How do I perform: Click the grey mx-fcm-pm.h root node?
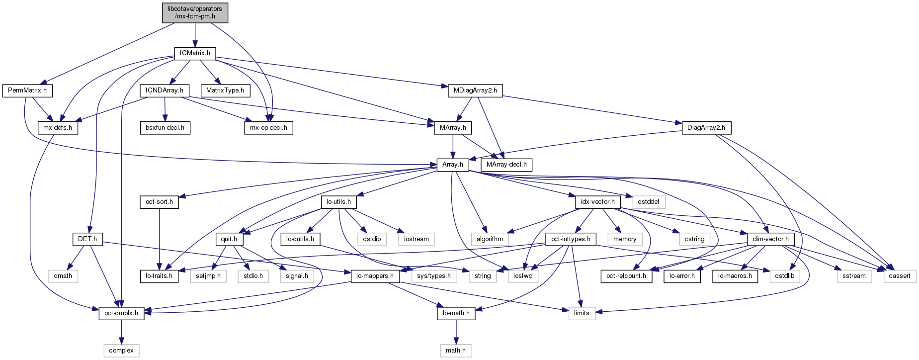tap(195, 12)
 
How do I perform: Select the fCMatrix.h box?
tap(195, 53)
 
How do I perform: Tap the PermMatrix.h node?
tap(27, 90)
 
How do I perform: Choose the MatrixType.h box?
tap(225, 90)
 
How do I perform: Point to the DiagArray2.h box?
tap(706, 128)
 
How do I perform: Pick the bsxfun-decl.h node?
tap(165, 128)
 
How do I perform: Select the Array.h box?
tap(452, 165)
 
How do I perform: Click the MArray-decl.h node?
tap(506, 165)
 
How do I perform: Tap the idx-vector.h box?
tap(598, 202)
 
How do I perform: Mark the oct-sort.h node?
tap(159, 202)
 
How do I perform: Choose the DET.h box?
tap(87, 239)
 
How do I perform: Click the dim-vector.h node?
tap(770, 239)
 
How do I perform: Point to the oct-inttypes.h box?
tap(571, 239)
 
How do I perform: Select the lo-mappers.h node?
tap(375, 276)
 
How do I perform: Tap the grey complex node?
tap(121, 351)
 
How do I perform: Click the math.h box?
tap(456, 351)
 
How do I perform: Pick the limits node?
tap(582, 313)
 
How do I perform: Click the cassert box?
tap(900, 276)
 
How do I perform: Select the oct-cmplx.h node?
tap(121, 313)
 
